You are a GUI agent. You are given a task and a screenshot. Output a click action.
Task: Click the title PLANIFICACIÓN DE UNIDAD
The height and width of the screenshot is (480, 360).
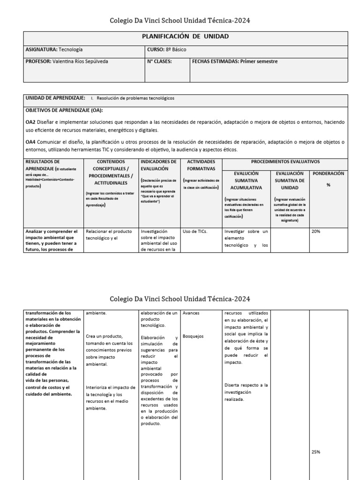click(185, 37)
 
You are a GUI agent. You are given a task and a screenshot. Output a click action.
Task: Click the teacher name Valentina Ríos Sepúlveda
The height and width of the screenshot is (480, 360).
click(82, 61)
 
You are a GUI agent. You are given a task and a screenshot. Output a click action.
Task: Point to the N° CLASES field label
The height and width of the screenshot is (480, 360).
click(160, 61)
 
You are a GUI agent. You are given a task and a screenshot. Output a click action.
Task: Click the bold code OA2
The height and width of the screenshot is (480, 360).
click(31, 122)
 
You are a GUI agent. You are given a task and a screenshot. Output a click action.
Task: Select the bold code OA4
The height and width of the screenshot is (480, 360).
click(31, 142)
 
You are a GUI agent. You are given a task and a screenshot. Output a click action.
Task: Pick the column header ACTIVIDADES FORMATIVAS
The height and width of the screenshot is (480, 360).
click(201, 165)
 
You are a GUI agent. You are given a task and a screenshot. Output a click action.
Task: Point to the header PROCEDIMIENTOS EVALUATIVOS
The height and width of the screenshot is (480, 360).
click(285, 162)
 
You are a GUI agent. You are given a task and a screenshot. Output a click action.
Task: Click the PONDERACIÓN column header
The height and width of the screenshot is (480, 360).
click(328, 173)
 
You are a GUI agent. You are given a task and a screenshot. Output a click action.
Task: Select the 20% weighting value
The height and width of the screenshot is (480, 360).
click(316, 231)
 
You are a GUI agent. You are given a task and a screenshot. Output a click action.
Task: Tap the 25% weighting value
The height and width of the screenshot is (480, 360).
click(316, 452)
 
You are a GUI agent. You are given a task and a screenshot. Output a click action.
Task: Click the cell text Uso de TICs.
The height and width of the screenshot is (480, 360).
click(195, 231)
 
